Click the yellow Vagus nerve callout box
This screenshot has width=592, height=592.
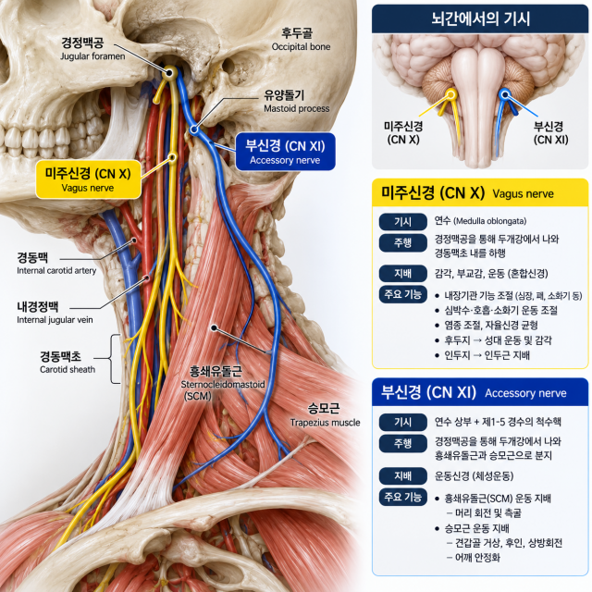(x=89, y=179)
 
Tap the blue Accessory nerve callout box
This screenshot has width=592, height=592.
(x=285, y=152)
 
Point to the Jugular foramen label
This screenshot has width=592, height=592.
(x=92, y=48)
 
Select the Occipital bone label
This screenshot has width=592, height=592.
(x=300, y=39)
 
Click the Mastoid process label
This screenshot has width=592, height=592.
(x=296, y=102)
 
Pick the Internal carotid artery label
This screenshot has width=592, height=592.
(x=56, y=264)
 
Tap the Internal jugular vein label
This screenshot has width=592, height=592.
(x=55, y=313)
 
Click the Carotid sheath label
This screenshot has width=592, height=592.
(x=68, y=363)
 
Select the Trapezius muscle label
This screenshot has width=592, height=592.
(x=325, y=414)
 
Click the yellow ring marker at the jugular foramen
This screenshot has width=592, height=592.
(x=169, y=71)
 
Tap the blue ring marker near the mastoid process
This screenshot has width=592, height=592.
(x=194, y=129)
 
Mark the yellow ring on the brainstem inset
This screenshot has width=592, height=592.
(x=450, y=94)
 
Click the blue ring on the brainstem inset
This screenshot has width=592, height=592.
(x=504, y=94)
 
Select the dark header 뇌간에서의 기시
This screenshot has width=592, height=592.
(x=480, y=18)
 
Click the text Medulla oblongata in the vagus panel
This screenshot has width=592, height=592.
(x=489, y=221)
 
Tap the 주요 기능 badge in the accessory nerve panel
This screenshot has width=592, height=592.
(x=403, y=497)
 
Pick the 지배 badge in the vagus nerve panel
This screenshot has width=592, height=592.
(x=403, y=274)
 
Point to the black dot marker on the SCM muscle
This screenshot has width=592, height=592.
(x=214, y=327)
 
